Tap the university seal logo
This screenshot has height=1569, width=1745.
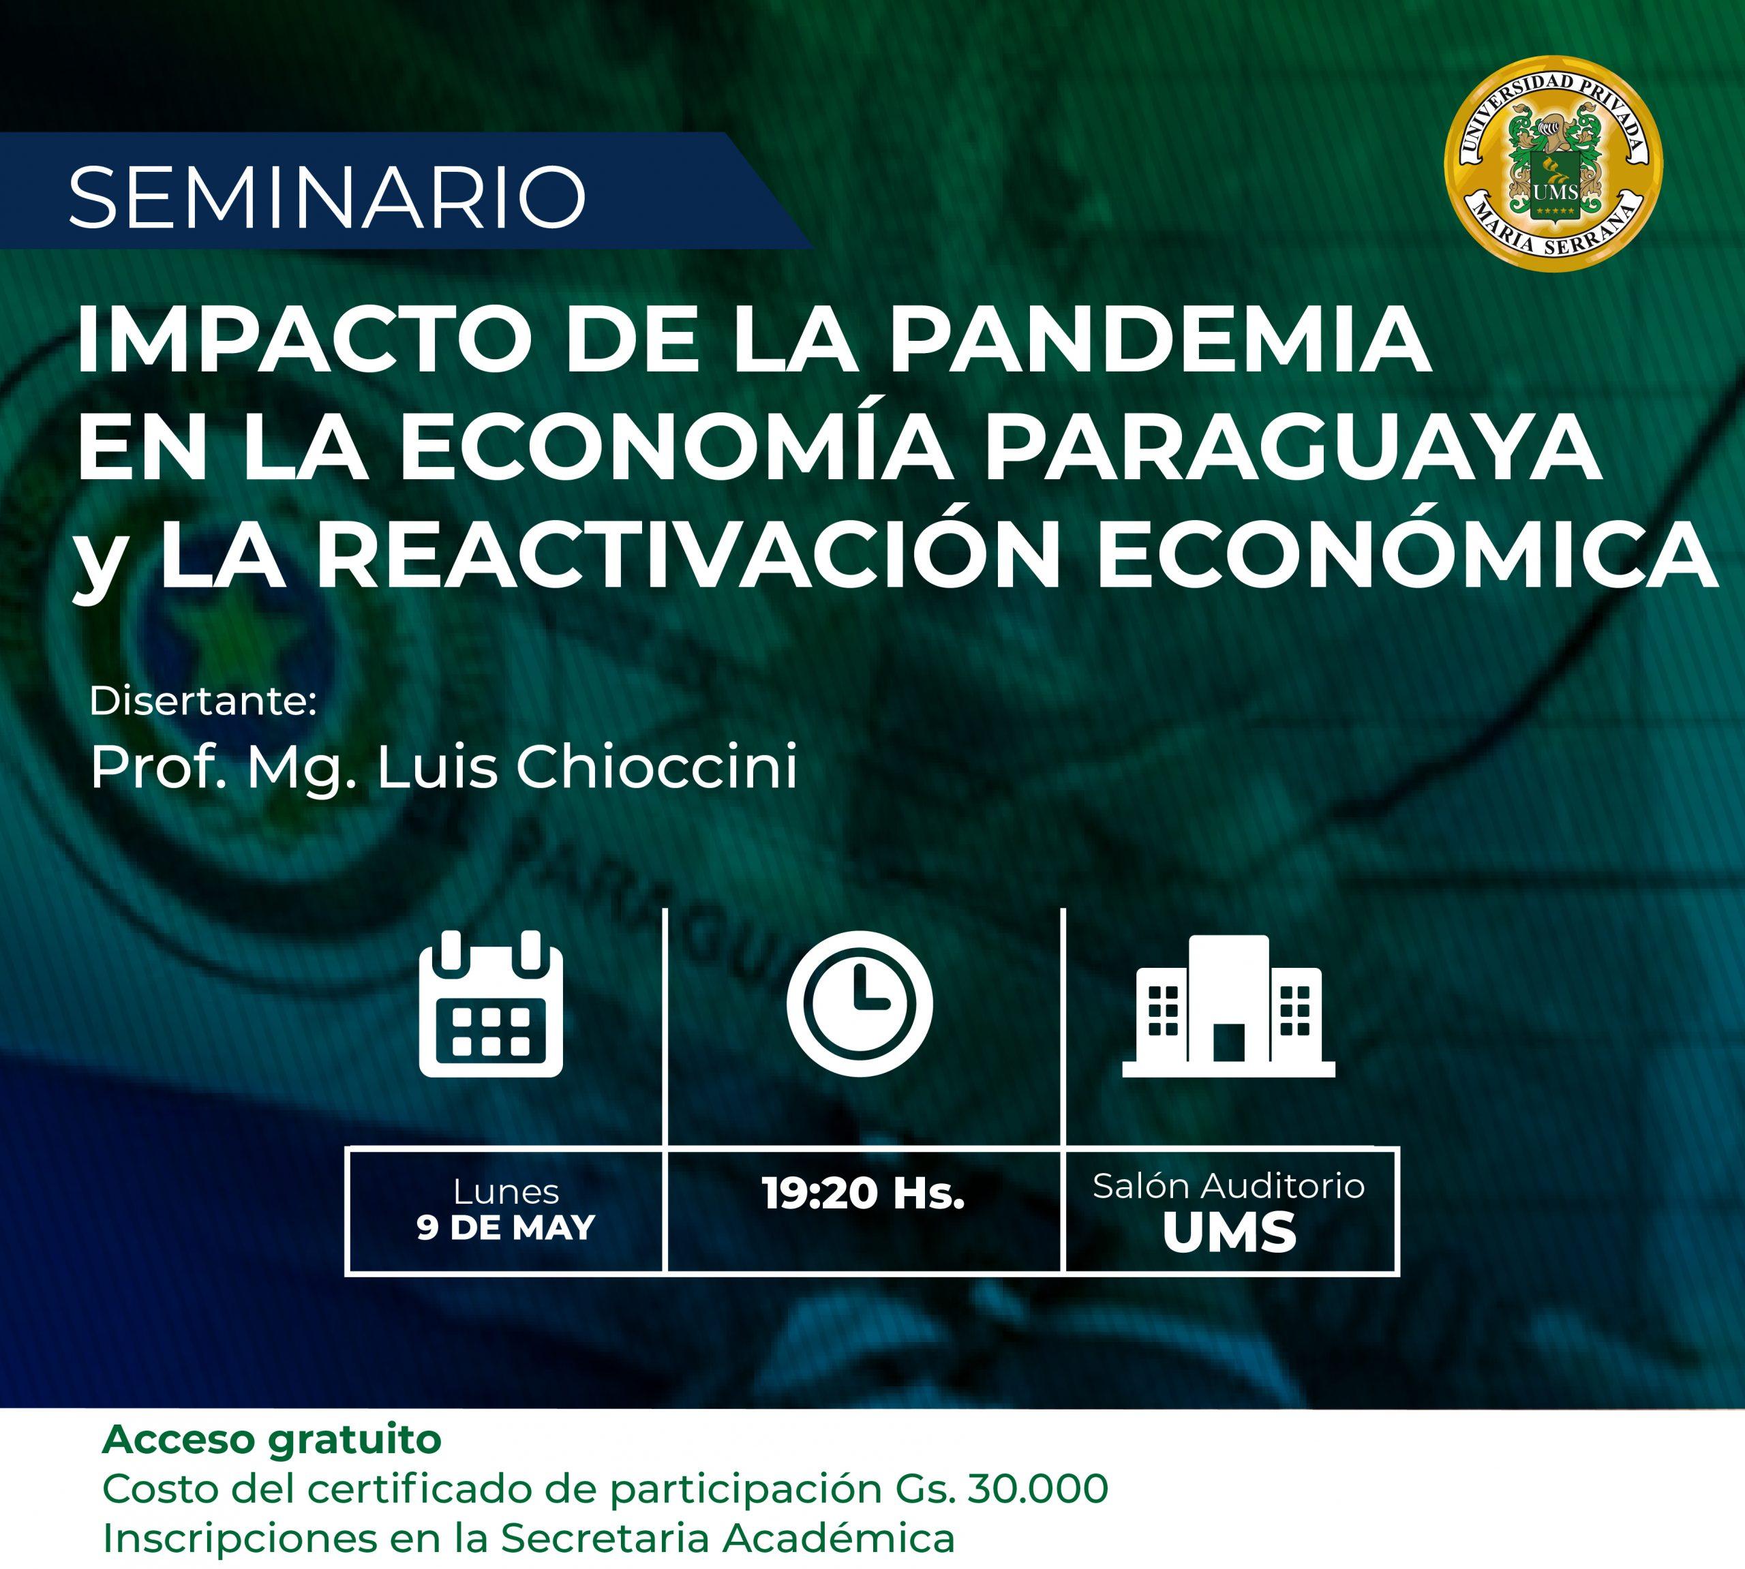tap(1554, 163)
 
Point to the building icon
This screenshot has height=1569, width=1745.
tap(1228, 1005)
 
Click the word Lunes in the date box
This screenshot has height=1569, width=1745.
tap(506, 1192)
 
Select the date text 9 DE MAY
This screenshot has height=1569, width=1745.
tap(506, 1228)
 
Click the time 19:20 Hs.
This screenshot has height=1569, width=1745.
tap(863, 1194)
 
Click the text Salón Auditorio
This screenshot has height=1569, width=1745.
tap(1228, 1186)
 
